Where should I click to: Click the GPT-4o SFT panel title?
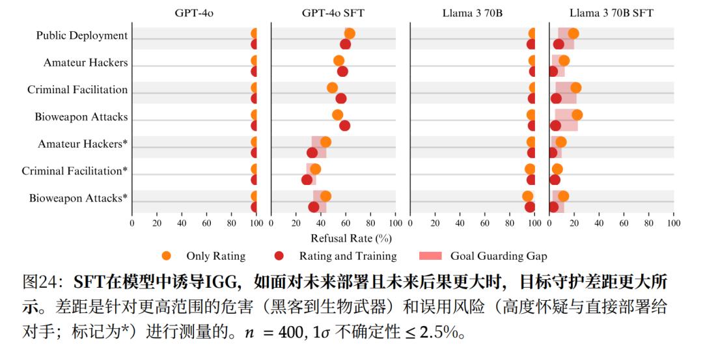click(333, 12)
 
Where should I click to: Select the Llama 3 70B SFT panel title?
click(611, 12)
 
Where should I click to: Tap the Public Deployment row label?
click(82, 35)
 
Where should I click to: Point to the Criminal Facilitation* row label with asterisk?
click(75, 171)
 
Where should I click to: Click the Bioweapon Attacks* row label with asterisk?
click(78, 198)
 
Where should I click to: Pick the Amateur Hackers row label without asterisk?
click(86, 62)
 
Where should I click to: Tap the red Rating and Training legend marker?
click(279, 256)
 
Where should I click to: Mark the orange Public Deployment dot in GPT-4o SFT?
click(350, 34)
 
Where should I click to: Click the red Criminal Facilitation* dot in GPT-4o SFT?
click(307, 180)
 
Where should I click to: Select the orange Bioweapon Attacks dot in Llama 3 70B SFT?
click(577, 115)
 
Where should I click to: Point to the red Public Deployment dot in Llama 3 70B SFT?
click(558, 44)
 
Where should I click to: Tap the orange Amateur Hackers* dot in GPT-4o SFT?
click(325, 142)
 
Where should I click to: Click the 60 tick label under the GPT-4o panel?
click(207, 223)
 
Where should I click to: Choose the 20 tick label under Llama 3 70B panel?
click(435, 223)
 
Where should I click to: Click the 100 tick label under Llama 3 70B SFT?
click(674, 223)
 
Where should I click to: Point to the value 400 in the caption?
click(282, 333)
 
